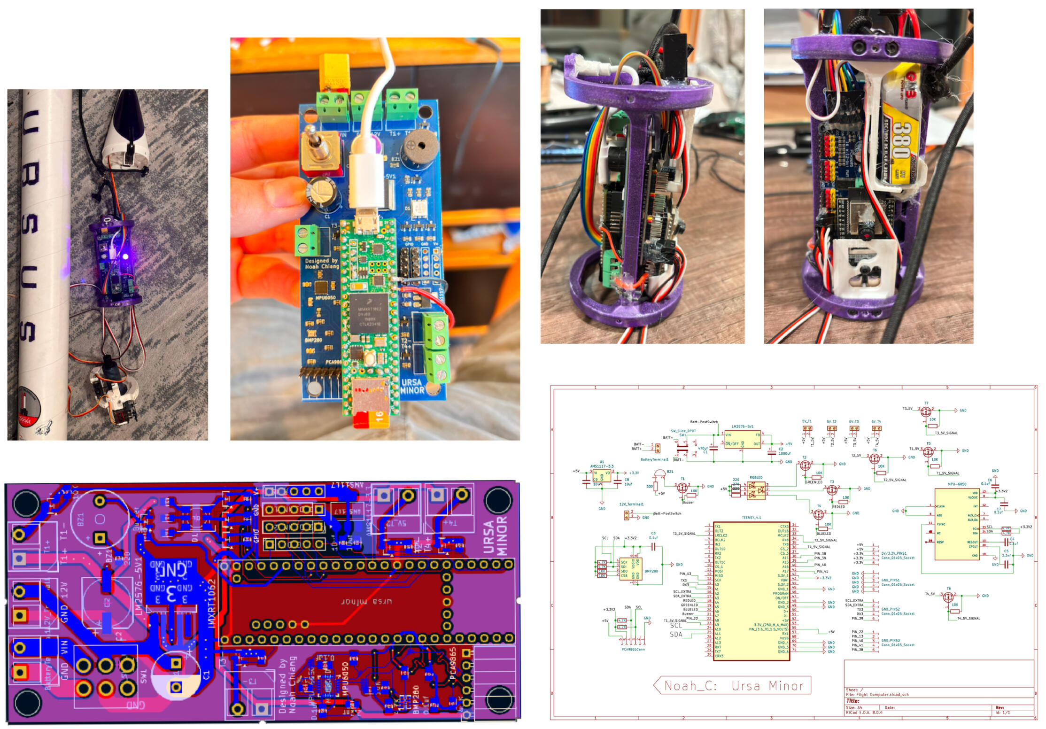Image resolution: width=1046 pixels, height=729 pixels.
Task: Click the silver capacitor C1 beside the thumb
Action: click(x=323, y=193)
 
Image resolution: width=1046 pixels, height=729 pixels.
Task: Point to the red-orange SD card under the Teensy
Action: click(x=371, y=418)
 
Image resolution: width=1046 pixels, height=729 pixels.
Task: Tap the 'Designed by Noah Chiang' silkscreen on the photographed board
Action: click(x=322, y=264)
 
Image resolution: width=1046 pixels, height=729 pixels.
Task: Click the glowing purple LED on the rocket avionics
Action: click(x=125, y=256)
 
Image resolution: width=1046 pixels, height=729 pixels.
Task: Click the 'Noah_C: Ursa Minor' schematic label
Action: click(x=733, y=686)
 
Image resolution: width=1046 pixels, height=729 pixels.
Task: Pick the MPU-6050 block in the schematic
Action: click(x=956, y=524)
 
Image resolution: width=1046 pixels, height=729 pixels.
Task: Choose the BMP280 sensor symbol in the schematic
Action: click(x=631, y=569)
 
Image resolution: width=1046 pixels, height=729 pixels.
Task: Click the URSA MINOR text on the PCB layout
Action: click(x=496, y=535)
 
